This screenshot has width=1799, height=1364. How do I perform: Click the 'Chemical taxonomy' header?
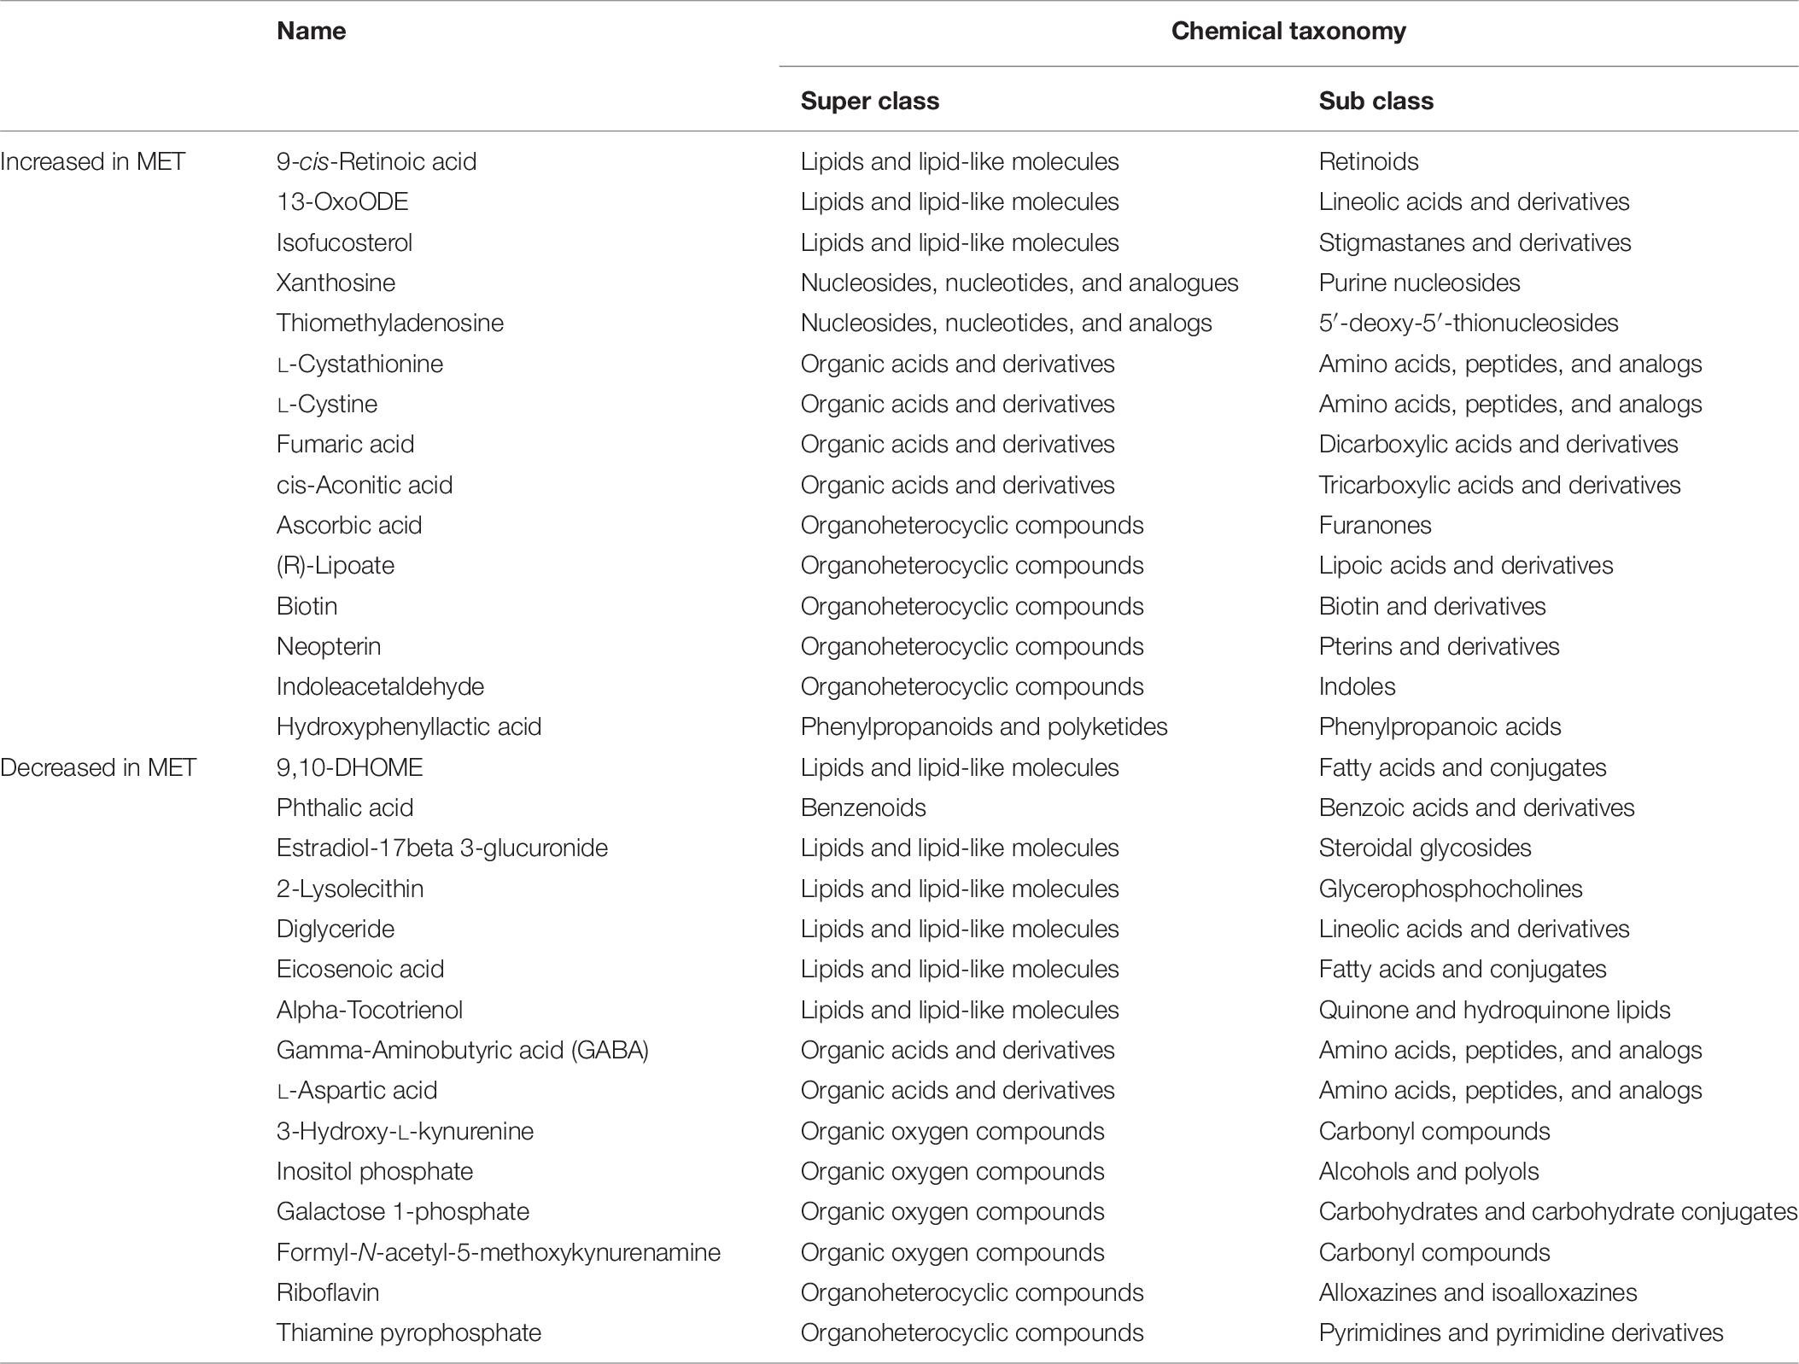pos(1288,32)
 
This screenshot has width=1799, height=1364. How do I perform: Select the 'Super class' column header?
pos(869,101)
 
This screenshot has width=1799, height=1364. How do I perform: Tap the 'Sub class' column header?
pos(1376,101)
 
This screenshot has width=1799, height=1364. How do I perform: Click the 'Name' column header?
pos(311,32)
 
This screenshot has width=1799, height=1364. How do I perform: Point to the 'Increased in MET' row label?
pos(92,161)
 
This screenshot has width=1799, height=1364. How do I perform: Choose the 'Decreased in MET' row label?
pos(98,767)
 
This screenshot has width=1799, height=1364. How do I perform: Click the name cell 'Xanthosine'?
pos(336,283)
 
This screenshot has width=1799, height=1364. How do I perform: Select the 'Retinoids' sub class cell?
pos(1368,161)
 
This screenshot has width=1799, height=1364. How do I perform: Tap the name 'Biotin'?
pos(307,606)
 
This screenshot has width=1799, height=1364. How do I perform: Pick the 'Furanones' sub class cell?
pos(1375,525)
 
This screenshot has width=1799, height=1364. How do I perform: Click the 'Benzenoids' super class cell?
pos(862,807)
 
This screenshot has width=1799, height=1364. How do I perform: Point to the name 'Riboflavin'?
pos(327,1292)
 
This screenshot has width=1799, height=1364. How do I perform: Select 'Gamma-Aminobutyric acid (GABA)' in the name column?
pos(462,1050)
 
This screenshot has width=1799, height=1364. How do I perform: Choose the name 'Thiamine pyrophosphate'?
pos(408,1332)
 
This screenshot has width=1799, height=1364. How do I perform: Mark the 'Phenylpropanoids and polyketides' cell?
pos(984,726)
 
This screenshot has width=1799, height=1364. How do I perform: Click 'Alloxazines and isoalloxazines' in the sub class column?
pos(1477,1292)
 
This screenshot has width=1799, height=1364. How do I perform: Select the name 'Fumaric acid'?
pos(345,444)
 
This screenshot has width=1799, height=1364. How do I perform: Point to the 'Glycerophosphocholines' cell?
pos(1450,889)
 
